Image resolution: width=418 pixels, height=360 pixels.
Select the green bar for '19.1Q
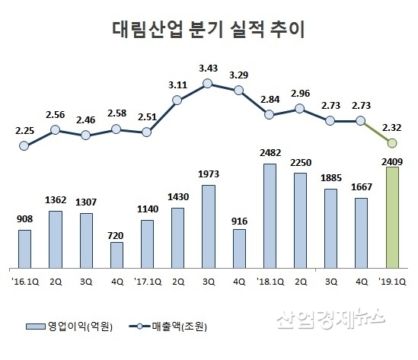pyautogui.click(x=392, y=218)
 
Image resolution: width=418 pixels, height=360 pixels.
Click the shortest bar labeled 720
pyautogui.click(x=116, y=255)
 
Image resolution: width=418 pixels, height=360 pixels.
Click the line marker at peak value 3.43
pyautogui.click(x=208, y=83)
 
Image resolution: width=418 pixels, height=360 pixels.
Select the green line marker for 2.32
pyautogui.click(x=392, y=143)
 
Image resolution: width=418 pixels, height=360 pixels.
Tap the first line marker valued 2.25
pyautogui.click(x=24, y=145)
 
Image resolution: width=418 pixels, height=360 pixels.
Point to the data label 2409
pyautogui.click(x=392, y=160)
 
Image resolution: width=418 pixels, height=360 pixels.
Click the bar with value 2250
pyautogui.click(x=300, y=221)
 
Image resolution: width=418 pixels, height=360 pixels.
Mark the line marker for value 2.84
pyautogui.click(x=270, y=114)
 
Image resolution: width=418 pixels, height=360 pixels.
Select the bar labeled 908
pyautogui.click(x=24, y=249)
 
